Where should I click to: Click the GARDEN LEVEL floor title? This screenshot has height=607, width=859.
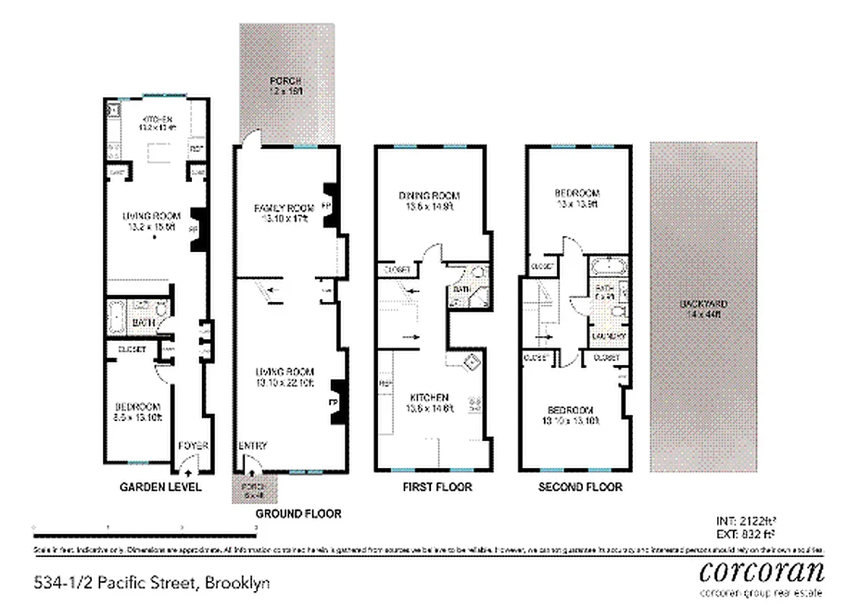[x=161, y=487]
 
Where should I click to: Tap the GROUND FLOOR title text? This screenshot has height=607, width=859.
[x=298, y=514]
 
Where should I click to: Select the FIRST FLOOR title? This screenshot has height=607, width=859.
[x=437, y=487]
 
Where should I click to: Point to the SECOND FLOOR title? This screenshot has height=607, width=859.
[x=580, y=487]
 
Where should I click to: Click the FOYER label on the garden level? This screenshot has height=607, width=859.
[x=193, y=446]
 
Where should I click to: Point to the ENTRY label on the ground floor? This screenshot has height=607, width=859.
[x=253, y=446]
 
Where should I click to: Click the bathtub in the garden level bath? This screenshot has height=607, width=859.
[x=117, y=317]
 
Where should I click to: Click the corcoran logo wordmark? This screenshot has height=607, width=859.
[x=761, y=570]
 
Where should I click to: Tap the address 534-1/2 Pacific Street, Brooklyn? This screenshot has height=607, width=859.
[x=152, y=583]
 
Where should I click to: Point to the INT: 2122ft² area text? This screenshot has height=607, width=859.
[x=745, y=521]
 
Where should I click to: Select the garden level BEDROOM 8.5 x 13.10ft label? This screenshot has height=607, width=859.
[x=139, y=410]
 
